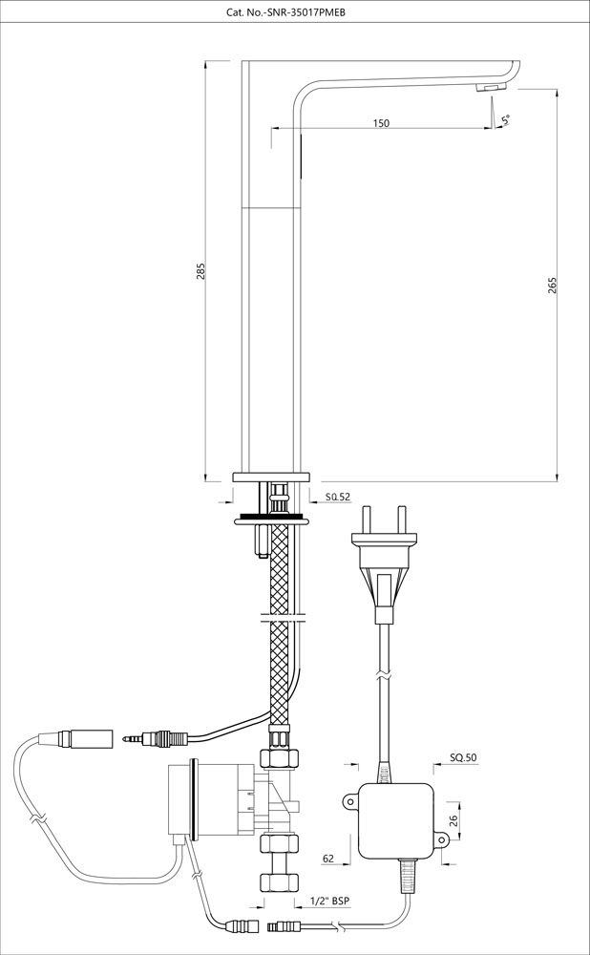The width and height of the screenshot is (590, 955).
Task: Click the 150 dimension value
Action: pos(381,123)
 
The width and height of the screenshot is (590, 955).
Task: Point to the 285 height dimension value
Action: pos(200,271)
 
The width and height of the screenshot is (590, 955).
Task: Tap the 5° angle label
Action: pos(505,119)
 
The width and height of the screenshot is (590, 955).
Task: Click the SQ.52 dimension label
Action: pos(337,497)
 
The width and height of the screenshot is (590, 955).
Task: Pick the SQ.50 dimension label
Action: pos(462,758)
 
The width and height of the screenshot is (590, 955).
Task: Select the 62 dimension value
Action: pos(327,859)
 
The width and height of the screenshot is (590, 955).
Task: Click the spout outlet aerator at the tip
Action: pos(487,88)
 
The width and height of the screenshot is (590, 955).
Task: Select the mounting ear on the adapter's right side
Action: pos(440,839)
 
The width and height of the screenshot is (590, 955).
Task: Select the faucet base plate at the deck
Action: pos(273,478)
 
